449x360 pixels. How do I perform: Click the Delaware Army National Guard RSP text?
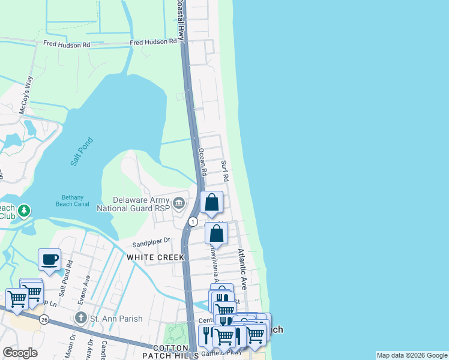[x=142, y=205]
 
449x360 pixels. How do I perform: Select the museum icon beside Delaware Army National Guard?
[x=179, y=205]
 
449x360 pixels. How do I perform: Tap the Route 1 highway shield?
[x=192, y=221]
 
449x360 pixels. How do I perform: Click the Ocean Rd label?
[x=203, y=162]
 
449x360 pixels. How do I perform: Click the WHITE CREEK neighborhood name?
[x=150, y=257]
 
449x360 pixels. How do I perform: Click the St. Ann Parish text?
[x=112, y=317]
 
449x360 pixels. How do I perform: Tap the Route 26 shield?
[x=44, y=319]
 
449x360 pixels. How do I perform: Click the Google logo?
[x=20, y=353]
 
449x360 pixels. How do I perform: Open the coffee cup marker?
[x=49, y=260]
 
